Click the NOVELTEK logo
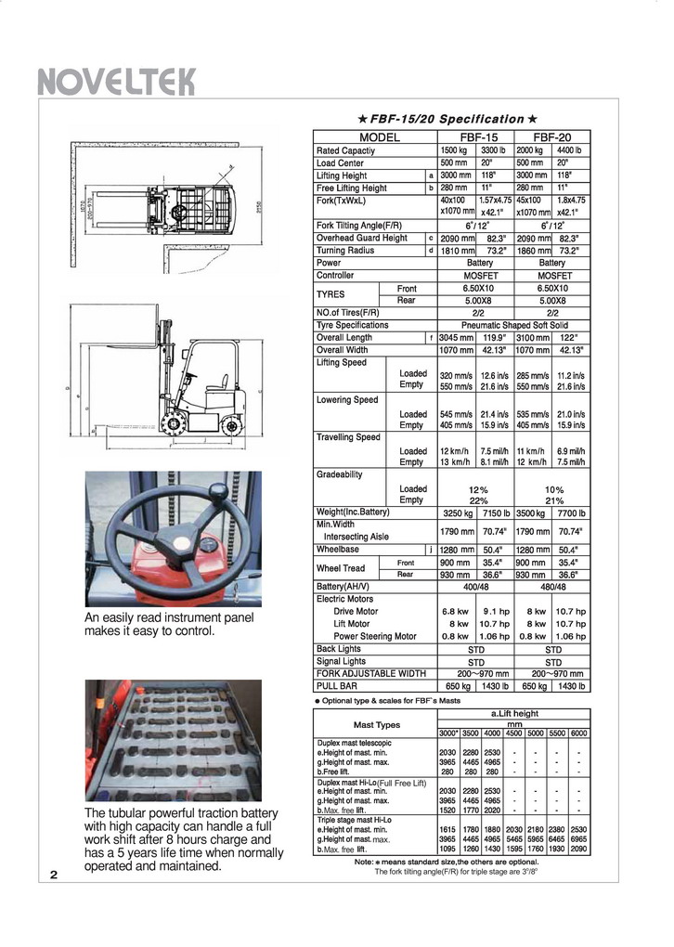click(x=116, y=83)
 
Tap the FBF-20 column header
click(x=551, y=137)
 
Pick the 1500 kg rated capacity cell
click(x=454, y=150)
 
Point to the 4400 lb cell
click(x=568, y=150)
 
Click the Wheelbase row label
click(x=337, y=550)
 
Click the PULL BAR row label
click(x=337, y=686)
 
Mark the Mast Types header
click(x=376, y=724)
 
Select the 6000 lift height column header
click(x=578, y=733)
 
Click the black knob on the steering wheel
click(x=217, y=490)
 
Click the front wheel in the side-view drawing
click(x=174, y=424)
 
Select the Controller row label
click(x=335, y=276)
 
